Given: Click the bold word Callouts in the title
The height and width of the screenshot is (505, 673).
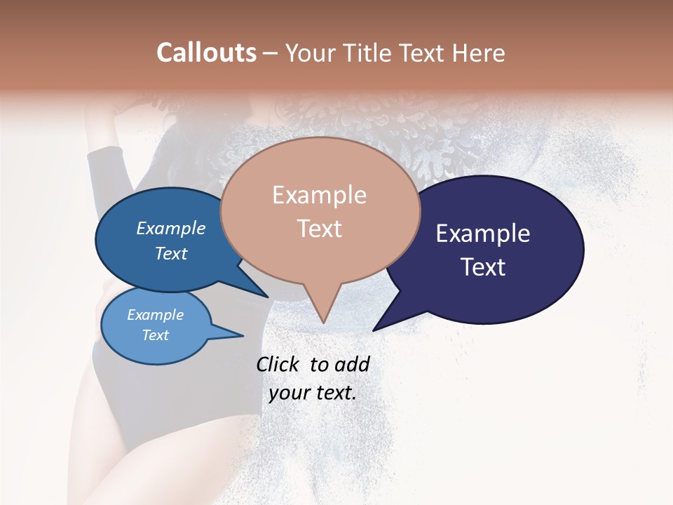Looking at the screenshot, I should pyautogui.click(x=206, y=53).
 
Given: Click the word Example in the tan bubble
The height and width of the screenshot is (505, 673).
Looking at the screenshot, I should pyautogui.click(x=319, y=195).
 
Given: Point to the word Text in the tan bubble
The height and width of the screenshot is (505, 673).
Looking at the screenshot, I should pyautogui.click(x=319, y=228).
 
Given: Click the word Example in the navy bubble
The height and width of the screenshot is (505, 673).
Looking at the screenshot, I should pyautogui.click(x=483, y=234).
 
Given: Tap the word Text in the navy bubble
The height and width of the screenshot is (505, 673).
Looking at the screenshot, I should pyautogui.click(x=483, y=267).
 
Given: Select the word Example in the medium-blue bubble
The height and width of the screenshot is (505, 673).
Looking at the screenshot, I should pyautogui.click(x=170, y=228).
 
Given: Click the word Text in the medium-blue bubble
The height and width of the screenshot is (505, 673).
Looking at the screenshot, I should pyautogui.click(x=170, y=253).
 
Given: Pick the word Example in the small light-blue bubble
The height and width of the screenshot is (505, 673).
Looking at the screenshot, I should pyautogui.click(x=155, y=315).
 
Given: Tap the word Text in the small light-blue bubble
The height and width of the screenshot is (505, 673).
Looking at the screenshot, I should pyautogui.click(x=155, y=335).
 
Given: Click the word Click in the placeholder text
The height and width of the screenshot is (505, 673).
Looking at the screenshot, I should pyautogui.click(x=278, y=364).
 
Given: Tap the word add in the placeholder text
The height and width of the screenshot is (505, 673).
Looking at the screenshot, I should pyautogui.click(x=353, y=364).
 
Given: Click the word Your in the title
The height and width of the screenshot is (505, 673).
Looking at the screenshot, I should pyautogui.click(x=310, y=53).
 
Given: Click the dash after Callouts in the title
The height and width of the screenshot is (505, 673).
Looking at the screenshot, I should pyautogui.click(x=271, y=53).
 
